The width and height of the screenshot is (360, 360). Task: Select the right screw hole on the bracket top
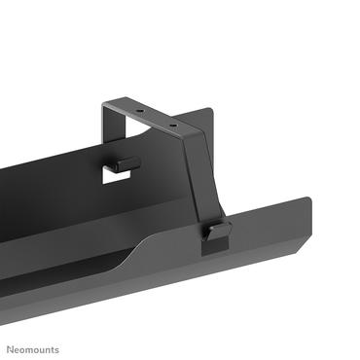pyautogui.click(x=173, y=126)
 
